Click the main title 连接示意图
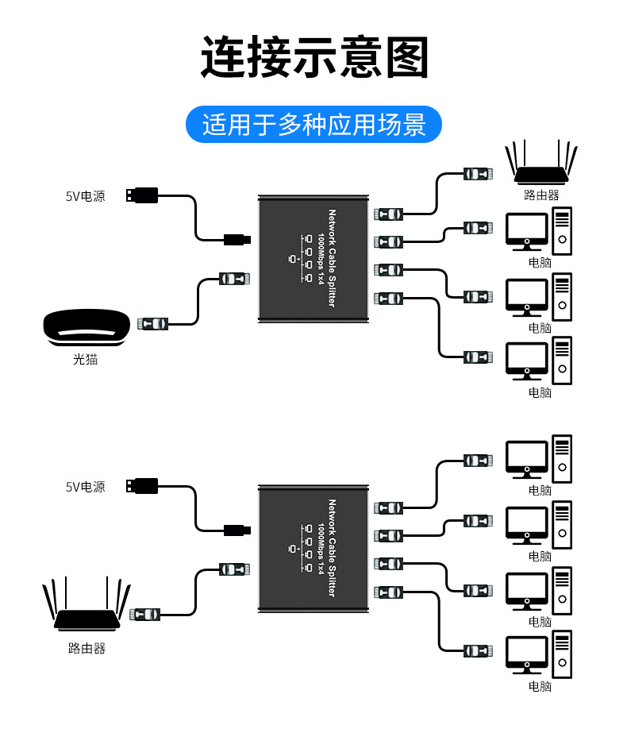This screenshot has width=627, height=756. click(313, 56)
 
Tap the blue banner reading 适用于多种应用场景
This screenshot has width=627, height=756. click(313, 125)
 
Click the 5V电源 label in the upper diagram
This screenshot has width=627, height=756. click(85, 195)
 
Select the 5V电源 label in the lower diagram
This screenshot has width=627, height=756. click(85, 487)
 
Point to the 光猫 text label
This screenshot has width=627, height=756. click(86, 359)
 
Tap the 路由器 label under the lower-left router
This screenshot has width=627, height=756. click(87, 649)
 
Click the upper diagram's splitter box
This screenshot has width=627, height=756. click(314, 259)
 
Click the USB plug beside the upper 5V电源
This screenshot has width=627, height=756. click(142, 195)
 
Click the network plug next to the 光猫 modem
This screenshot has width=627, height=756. click(153, 323)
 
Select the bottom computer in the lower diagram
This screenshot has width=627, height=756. click(539, 655)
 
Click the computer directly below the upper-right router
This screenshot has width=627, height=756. click(539, 231)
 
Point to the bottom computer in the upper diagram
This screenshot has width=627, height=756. click(539, 361)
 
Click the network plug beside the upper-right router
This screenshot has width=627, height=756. click(479, 174)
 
